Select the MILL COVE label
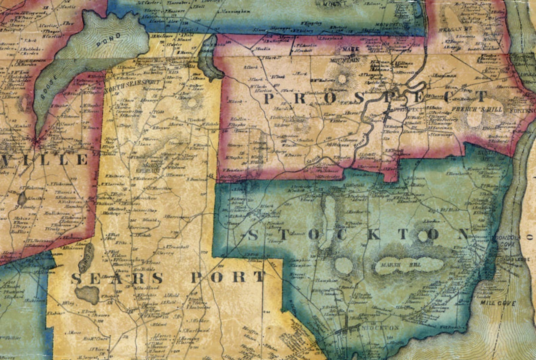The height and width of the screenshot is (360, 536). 499,303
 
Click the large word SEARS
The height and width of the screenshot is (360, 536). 117,279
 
